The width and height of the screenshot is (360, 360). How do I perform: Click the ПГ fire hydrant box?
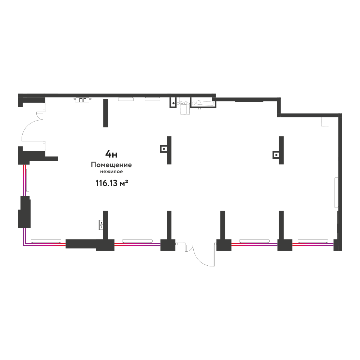click(82, 100)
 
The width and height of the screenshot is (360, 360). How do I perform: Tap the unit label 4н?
click(111, 154)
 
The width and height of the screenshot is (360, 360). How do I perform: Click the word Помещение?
click(111, 165)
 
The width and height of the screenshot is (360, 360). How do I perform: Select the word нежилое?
click(111, 171)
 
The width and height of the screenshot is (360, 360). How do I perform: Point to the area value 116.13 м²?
click(112, 183)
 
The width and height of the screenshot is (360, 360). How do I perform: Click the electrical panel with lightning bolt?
click(101, 225)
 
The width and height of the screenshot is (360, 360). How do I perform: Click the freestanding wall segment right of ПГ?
click(105, 113)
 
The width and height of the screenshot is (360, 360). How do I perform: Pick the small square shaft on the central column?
click(163, 149)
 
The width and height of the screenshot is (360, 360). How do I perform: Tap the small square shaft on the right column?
click(276, 155)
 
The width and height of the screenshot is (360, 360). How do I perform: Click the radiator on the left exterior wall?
click(28, 180)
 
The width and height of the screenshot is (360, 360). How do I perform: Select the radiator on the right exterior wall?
click(336, 193)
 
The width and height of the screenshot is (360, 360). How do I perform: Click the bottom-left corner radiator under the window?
click(46, 241)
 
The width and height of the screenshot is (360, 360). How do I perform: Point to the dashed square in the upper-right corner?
click(325, 121)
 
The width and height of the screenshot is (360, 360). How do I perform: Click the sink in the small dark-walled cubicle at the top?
click(174, 103)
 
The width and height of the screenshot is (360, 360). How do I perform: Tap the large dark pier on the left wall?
click(24, 212)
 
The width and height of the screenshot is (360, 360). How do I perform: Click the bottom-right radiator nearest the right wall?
click(313, 241)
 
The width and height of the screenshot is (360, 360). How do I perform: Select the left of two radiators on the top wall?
click(126, 99)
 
